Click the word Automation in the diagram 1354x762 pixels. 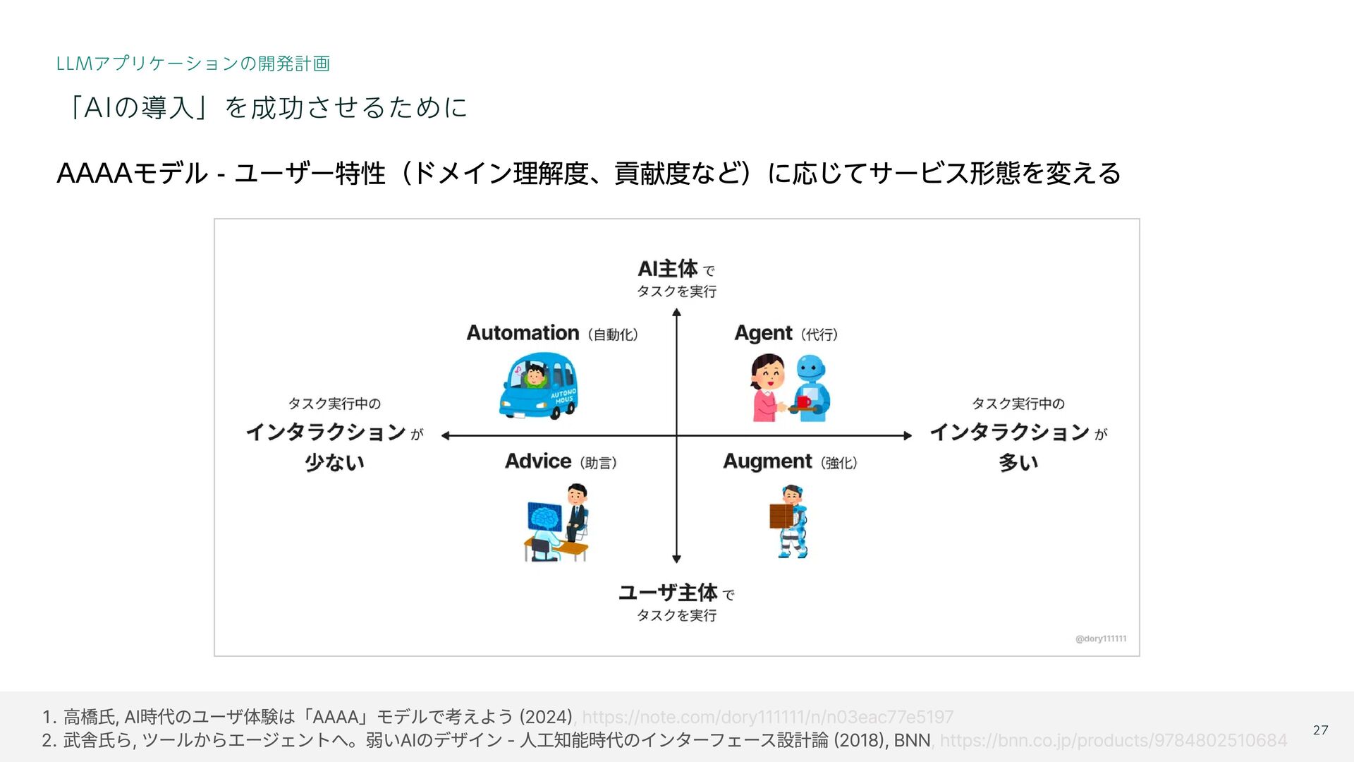click(x=523, y=332)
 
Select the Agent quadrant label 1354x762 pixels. click(x=763, y=333)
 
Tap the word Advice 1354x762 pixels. click(x=538, y=461)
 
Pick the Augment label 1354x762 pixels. click(x=767, y=461)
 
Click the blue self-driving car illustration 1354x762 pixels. click(x=538, y=388)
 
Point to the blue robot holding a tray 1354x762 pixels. click(x=812, y=388)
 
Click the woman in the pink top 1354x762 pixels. click(x=767, y=388)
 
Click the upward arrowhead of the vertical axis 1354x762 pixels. click(x=676, y=313)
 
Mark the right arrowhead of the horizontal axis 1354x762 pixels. click(x=908, y=435)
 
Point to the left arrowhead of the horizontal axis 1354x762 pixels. click(x=446, y=435)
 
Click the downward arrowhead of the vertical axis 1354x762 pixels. click(x=676, y=559)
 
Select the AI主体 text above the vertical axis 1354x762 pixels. click(x=667, y=269)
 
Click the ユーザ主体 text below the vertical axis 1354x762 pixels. click(x=667, y=593)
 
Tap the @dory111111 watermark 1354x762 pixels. click(x=1100, y=639)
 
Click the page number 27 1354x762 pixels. click(x=1320, y=730)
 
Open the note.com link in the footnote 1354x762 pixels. click(x=767, y=718)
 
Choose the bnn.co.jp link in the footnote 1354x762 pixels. click(x=1113, y=740)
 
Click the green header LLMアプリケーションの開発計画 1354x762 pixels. click(x=193, y=64)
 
